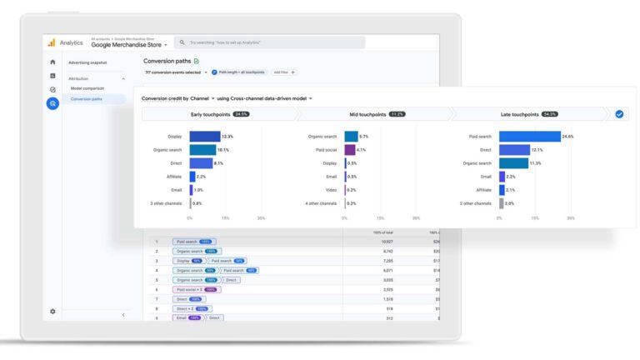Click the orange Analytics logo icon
coord(51,42)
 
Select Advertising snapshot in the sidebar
coord(87,62)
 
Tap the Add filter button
coord(284,72)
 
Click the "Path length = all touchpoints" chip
coord(238,72)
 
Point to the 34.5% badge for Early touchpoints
coord(241,114)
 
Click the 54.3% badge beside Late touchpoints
coord(549,114)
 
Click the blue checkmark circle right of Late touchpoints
coord(618,114)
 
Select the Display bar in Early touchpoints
coord(205,136)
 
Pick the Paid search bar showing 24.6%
coord(529,136)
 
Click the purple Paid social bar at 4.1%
coord(350,150)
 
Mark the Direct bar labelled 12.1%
coord(514,150)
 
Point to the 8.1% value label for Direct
coord(219,163)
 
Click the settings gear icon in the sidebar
coord(52,312)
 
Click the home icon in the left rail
coord(52,62)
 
